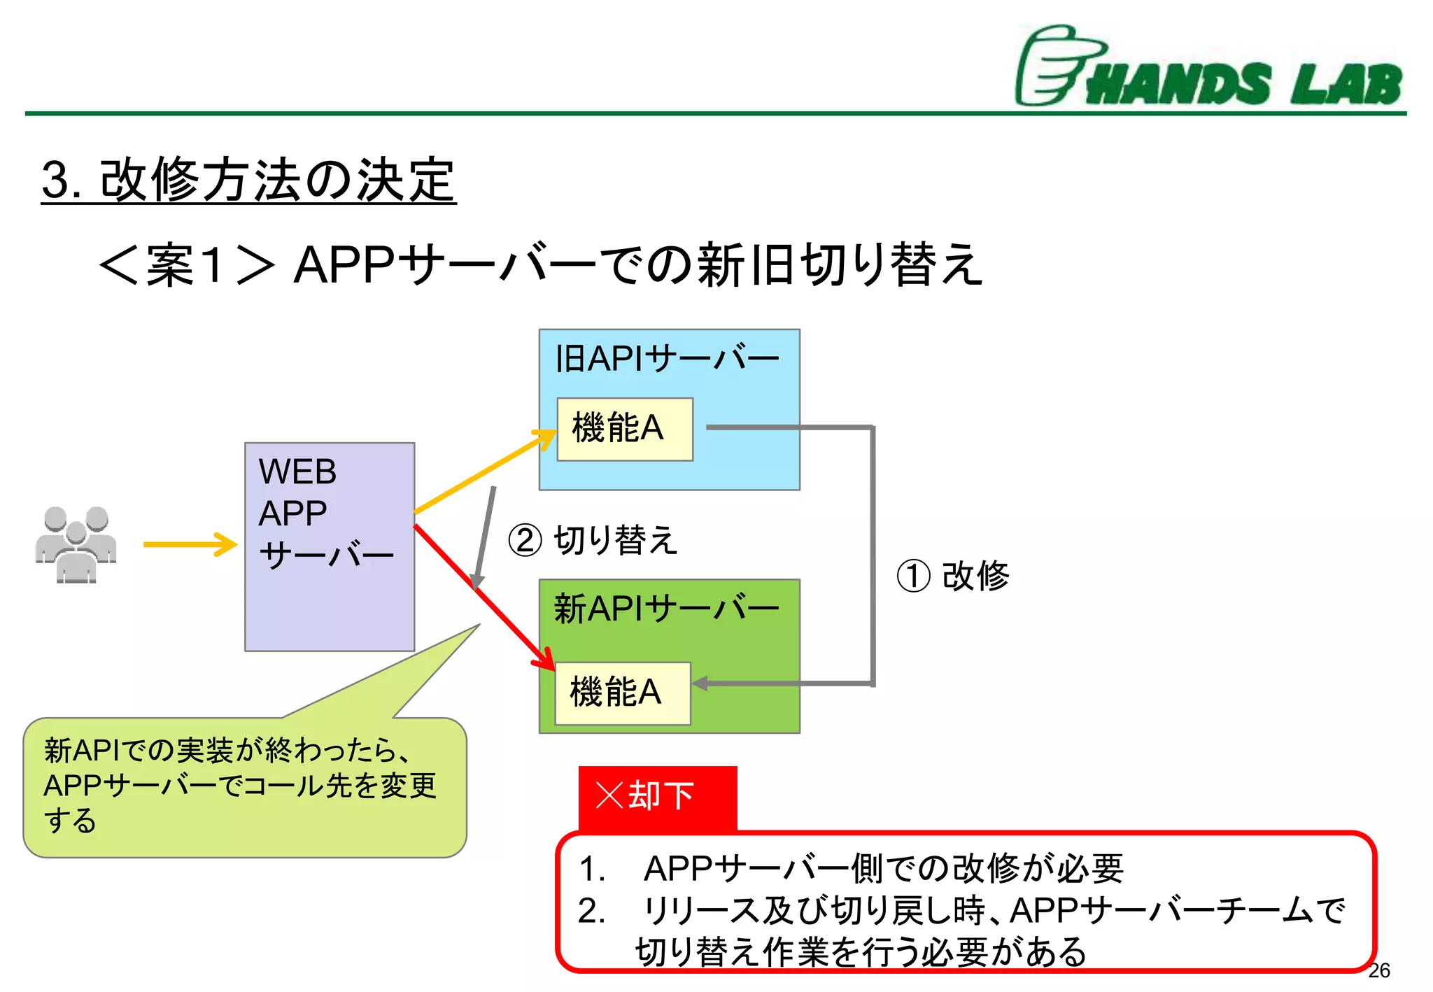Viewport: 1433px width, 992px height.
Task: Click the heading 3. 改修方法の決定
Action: tap(248, 180)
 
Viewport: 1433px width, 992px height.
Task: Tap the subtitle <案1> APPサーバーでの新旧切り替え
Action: tap(540, 265)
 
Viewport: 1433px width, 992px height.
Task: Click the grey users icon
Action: tap(76, 544)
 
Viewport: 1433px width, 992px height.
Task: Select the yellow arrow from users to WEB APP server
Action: tap(189, 544)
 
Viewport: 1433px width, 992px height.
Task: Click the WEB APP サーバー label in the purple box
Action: tap(325, 513)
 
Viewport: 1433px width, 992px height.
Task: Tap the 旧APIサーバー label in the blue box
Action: tap(666, 359)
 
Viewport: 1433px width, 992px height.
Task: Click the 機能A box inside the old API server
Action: tap(624, 429)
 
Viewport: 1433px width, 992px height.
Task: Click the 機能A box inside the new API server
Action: tap(622, 693)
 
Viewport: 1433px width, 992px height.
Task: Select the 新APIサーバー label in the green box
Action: tap(666, 608)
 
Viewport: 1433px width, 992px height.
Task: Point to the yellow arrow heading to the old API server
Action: tap(483, 472)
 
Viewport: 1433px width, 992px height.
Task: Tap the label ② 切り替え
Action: tap(593, 540)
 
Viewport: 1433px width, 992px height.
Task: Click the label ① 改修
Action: tap(953, 576)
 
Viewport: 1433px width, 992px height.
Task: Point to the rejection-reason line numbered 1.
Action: tap(850, 868)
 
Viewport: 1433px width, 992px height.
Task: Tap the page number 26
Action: tap(1378, 970)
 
